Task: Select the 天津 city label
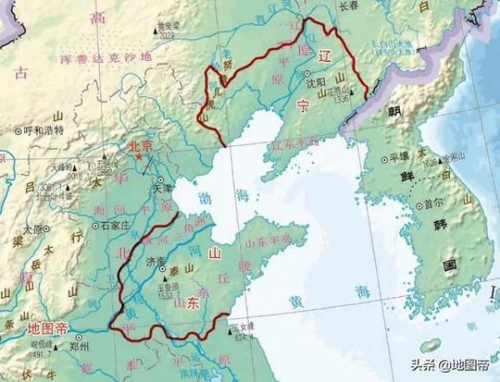click(x=162, y=189)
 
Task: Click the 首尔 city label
click(x=432, y=202)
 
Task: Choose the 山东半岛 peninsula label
click(x=270, y=239)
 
